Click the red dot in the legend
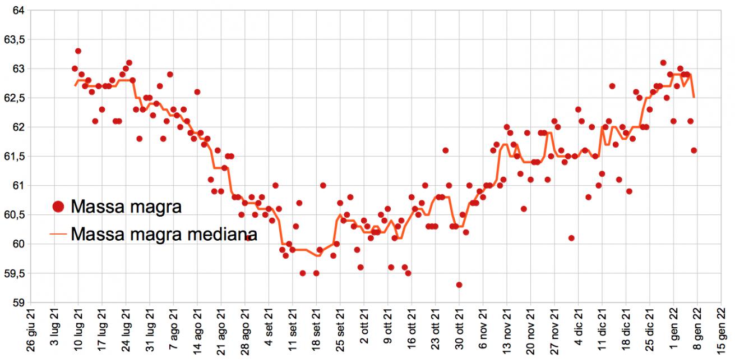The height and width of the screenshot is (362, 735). (58, 207)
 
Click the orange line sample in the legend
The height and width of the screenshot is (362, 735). (58, 233)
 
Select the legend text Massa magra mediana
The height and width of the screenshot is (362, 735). (164, 233)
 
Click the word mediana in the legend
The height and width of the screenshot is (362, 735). (221, 233)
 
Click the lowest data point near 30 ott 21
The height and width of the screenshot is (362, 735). (459, 285)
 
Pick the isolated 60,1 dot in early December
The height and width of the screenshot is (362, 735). (571, 238)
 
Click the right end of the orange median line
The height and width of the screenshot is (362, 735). (694, 98)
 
